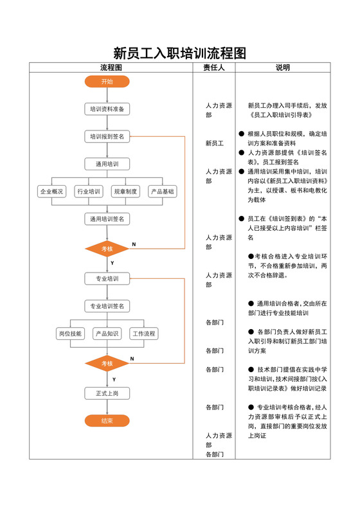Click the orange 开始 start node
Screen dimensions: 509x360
tap(107, 82)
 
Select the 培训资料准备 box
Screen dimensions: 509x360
tap(107, 109)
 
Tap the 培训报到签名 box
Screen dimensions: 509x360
tap(107, 136)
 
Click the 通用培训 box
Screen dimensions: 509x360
tap(107, 164)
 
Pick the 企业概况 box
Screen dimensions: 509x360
tap(51, 192)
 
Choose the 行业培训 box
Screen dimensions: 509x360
tap(89, 192)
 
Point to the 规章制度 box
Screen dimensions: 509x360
tap(125, 192)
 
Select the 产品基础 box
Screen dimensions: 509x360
tap(162, 192)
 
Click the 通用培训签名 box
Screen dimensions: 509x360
tap(107, 219)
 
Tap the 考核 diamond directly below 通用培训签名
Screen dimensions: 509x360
tap(107, 249)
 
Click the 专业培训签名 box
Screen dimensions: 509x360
tap(107, 306)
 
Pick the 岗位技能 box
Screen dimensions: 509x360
tap(70, 334)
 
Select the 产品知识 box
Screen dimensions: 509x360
tap(107, 334)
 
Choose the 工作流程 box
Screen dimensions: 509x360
tap(144, 334)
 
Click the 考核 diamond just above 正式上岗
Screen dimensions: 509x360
tap(107, 364)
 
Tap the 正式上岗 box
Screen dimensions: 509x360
tap(107, 393)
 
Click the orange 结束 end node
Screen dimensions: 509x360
tap(107, 421)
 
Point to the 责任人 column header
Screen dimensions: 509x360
tap(213, 67)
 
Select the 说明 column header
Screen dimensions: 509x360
tap(283, 67)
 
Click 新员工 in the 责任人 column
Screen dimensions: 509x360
tap(215, 143)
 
